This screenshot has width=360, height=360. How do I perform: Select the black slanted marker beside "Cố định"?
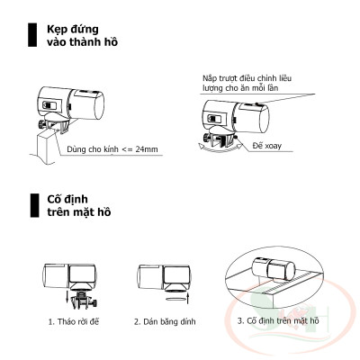click(x=32, y=202)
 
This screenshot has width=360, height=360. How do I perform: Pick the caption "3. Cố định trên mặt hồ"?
click(x=278, y=319)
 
